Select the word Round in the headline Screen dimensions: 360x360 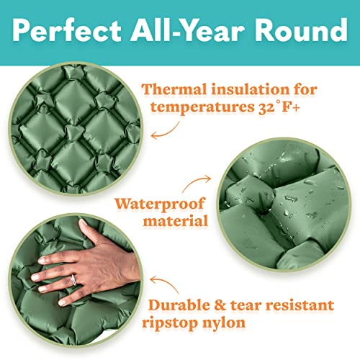pyautogui.click(x=298, y=31)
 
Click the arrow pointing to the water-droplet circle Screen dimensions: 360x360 pyautogui.click(x=199, y=179)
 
